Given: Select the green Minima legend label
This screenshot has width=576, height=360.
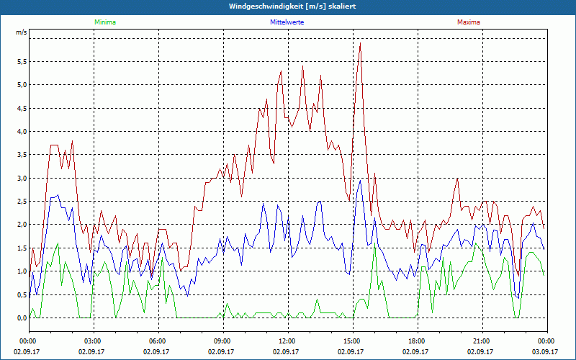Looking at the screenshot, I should [x=104, y=22].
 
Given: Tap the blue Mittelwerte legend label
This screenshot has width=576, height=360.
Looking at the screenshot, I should [x=287, y=22].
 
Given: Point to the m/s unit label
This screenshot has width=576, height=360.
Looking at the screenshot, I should [x=21, y=33].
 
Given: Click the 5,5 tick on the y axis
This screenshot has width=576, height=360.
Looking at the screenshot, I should [x=21, y=61].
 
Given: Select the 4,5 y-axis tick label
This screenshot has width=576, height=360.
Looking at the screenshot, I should [x=21, y=108].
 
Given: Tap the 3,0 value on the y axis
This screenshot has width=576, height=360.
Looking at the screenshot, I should [x=21, y=178].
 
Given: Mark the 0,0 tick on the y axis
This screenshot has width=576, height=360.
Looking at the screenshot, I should [x=21, y=318].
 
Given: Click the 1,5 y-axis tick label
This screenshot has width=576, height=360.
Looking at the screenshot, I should [x=21, y=248].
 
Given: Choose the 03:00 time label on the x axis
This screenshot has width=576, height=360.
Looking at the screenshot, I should [x=93, y=341].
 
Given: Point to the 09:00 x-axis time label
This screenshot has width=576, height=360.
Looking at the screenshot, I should [x=222, y=341].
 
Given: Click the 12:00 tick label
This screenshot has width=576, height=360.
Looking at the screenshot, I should [x=287, y=341].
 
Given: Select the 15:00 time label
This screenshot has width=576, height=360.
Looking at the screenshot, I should [x=351, y=341].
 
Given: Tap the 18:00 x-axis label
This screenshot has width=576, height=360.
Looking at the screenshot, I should [x=416, y=341].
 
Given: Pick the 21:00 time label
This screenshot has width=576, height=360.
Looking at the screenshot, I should [x=481, y=341].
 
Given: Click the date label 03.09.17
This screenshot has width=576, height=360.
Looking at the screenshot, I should [x=545, y=352].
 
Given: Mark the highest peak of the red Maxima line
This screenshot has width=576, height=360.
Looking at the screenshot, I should [x=360, y=43].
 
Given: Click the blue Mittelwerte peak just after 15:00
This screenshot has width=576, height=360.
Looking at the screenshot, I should [x=360, y=180].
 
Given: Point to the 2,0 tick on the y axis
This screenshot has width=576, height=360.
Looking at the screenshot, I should [x=21, y=225].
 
